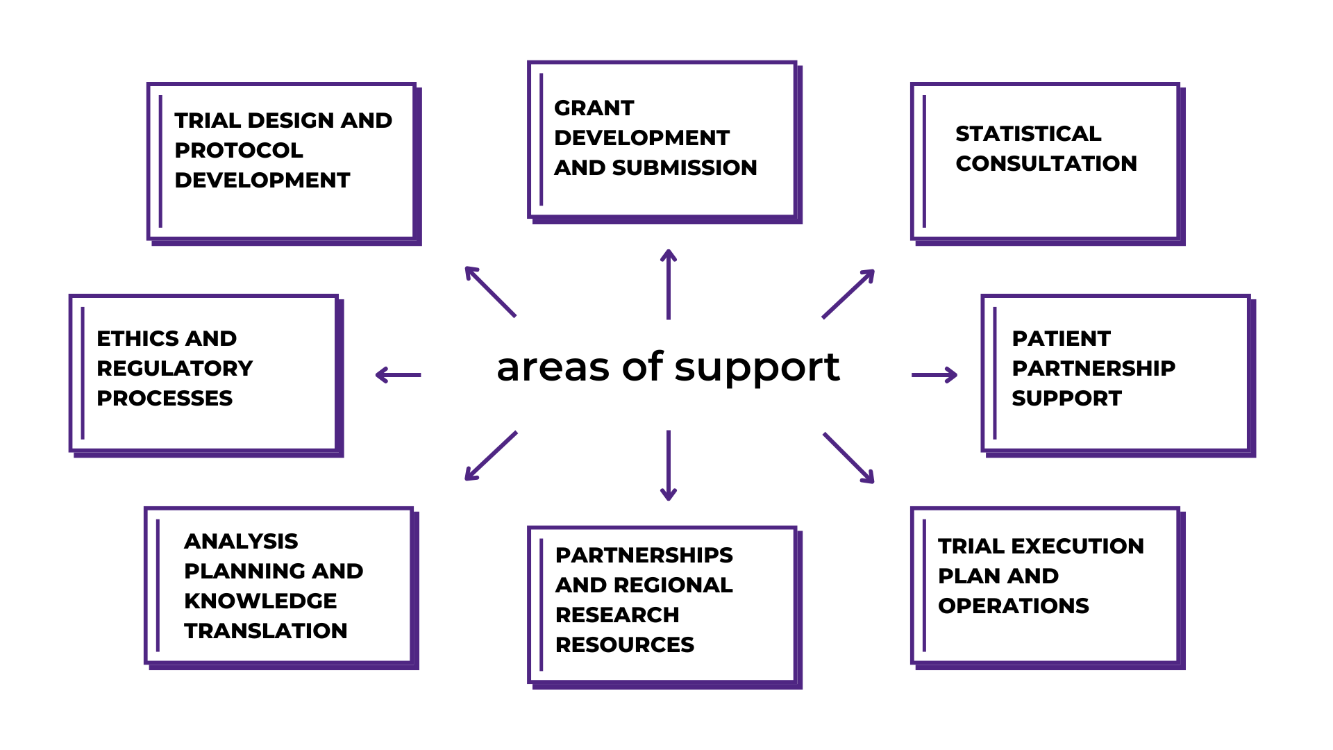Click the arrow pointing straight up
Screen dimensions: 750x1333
click(x=668, y=285)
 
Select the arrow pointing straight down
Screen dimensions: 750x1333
click(x=668, y=465)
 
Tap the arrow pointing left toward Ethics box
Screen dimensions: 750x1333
click(x=398, y=375)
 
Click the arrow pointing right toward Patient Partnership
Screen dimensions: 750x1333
click(x=934, y=375)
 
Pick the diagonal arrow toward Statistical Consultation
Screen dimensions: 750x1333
click(x=848, y=294)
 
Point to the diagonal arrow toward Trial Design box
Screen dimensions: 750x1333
click(x=491, y=292)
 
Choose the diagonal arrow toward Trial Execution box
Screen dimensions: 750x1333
click(x=848, y=458)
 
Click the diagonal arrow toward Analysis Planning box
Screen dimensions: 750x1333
click(x=491, y=456)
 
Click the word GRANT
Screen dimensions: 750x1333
click(x=594, y=108)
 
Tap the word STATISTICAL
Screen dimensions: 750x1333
click(x=1028, y=133)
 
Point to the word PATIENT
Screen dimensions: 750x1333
click(x=1061, y=338)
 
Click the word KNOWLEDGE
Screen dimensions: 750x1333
click(x=260, y=601)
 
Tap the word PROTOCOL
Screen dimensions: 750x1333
click(x=238, y=150)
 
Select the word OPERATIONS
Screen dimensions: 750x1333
click(x=1013, y=606)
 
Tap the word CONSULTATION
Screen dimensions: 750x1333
click(x=1046, y=163)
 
